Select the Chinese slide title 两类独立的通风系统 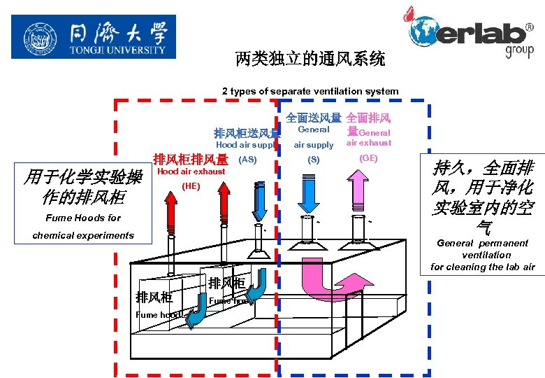pyautogui.click(x=310, y=59)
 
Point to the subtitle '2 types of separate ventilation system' pyautogui.click(x=310, y=91)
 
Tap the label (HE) pyautogui.click(x=191, y=186)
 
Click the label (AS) pyautogui.click(x=248, y=160)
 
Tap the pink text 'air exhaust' pyautogui.click(x=369, y=143)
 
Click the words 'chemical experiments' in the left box pyautogui.click(x=83, y=235)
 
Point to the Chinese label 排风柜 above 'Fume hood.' pyautogui.click(x=154, y=297)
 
